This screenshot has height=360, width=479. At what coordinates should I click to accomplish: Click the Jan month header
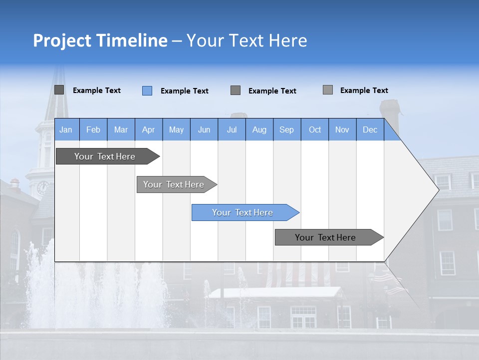(66, 130)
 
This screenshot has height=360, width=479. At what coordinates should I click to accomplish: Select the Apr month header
(148, 130)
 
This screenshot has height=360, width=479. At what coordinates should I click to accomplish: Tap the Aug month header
(259, 130)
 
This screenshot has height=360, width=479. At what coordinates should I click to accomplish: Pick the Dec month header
(370, 130)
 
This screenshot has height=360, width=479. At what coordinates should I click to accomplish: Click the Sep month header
(286, 130)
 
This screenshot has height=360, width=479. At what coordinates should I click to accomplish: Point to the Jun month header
(204, 130)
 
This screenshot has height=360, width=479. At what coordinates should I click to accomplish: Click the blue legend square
(147, 90)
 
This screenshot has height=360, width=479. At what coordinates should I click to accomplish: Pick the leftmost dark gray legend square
(59, 90)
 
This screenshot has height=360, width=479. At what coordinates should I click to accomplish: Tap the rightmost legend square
(328, 90)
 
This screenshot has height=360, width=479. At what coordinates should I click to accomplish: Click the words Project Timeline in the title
(100, 40)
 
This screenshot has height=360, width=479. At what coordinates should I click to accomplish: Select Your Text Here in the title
(246, 40)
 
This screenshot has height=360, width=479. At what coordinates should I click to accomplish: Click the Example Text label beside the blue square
(184, 91)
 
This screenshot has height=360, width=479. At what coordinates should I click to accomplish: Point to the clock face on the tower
(42, 188)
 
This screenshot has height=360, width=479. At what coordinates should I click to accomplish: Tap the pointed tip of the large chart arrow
(438, 189)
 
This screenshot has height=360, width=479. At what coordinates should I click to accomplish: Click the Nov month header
(342, 130)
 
